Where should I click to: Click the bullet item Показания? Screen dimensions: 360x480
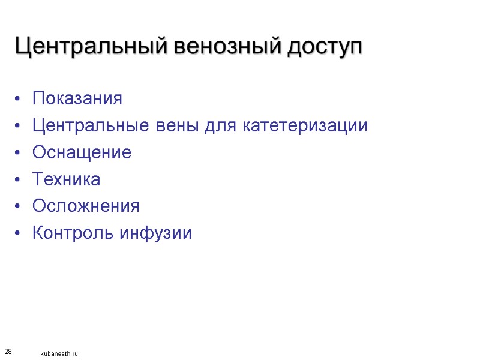click(x=77, y=98)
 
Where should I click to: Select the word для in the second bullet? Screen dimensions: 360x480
click(x=224, y=127)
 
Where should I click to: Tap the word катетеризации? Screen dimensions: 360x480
click(x=306, y=127)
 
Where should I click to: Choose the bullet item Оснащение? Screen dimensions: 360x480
click(x=82, y=153)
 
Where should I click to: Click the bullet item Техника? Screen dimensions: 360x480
click(x=67, y=179)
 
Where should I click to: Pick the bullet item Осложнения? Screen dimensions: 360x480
click(x=86, y=206)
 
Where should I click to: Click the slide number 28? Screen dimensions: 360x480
click(x=8, y=350)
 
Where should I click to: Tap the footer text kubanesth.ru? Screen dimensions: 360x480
click(x=59, y=354)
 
